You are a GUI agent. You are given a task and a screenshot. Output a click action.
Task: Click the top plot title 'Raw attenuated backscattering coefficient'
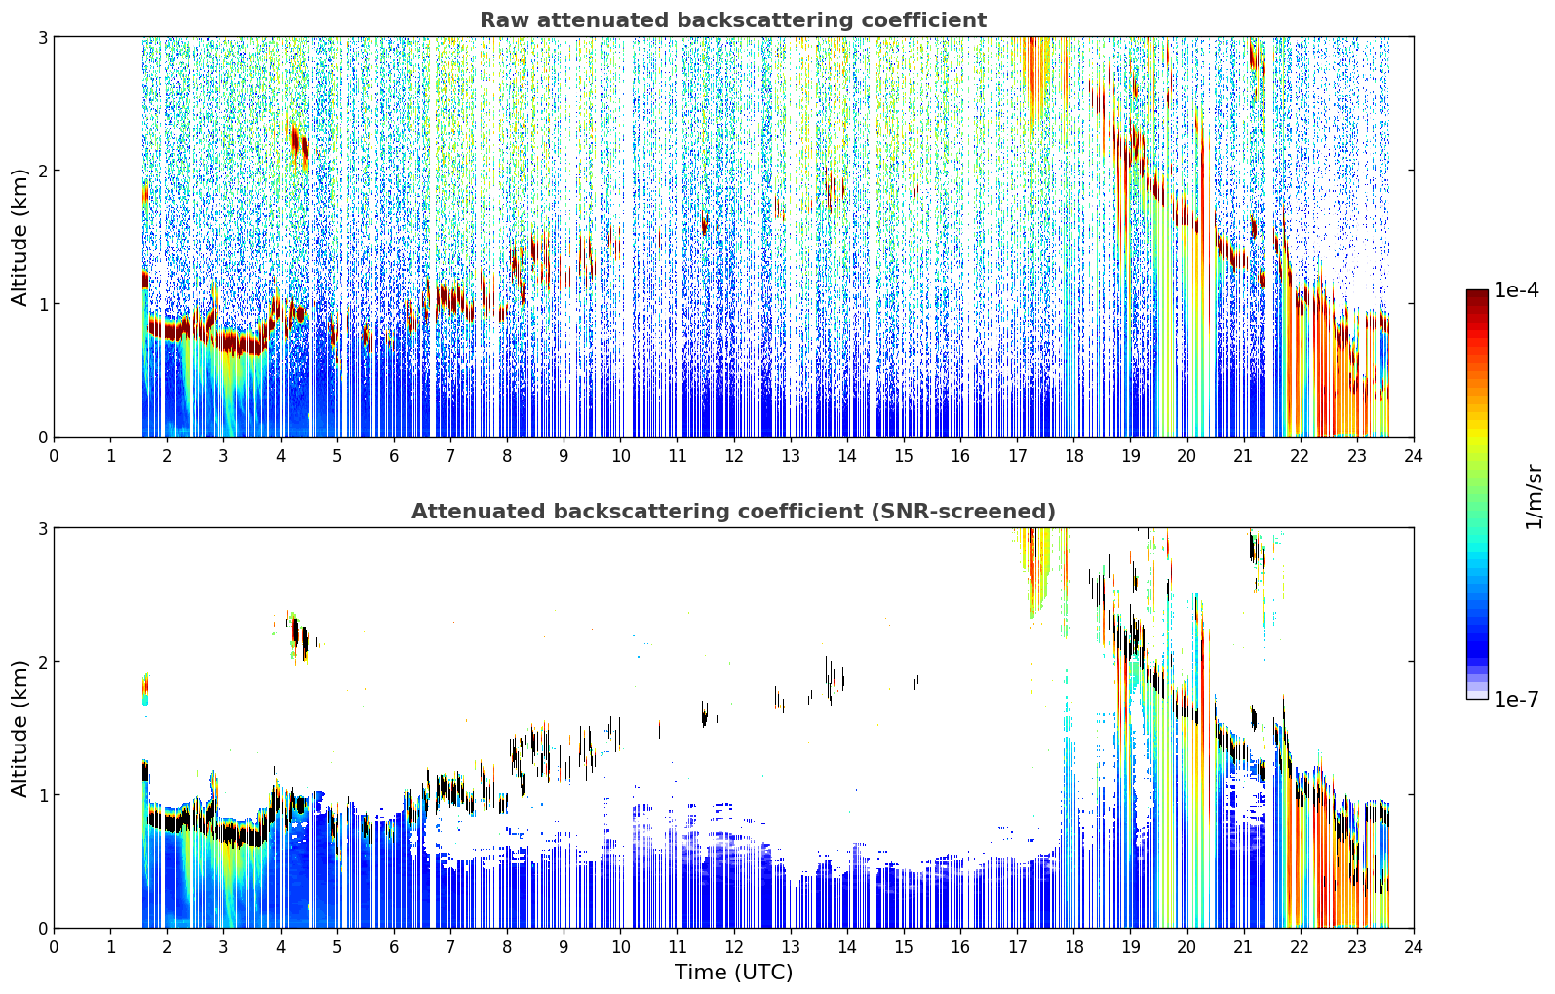[733, 20]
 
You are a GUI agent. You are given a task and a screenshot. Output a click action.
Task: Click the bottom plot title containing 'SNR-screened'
[733, 511]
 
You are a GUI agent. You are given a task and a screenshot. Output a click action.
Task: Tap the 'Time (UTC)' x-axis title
[733, 973]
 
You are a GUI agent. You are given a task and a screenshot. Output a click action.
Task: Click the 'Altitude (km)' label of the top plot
[19, 238]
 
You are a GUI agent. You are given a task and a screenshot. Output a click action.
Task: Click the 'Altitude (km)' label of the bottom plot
[19, 728]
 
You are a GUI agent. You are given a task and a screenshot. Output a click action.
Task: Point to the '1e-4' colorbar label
[1516, 289]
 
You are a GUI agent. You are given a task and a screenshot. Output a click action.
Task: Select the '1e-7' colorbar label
[1516, 699]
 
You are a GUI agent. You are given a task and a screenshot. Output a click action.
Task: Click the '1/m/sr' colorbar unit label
[1534, 497]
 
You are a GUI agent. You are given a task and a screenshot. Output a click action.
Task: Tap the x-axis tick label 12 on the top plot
[734, 456]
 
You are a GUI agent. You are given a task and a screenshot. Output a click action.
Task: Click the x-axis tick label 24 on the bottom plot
[1414, 947]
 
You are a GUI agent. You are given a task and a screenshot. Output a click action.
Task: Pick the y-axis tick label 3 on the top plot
[42, 37]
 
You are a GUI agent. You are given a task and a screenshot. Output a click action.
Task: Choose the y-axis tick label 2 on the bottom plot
[42, 662]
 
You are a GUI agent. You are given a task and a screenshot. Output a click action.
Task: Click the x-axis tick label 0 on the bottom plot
[55, 947]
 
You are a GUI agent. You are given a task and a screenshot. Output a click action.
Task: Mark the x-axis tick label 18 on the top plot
[1074, 456]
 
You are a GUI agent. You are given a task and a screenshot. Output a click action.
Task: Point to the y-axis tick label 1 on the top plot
[42, 304]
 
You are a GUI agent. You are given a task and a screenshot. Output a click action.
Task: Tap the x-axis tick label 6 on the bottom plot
[394, 947]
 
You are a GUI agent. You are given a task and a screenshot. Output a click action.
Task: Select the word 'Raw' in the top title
[503, 20]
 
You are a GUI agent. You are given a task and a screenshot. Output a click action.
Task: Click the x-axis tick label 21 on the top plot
[1243, 456]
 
